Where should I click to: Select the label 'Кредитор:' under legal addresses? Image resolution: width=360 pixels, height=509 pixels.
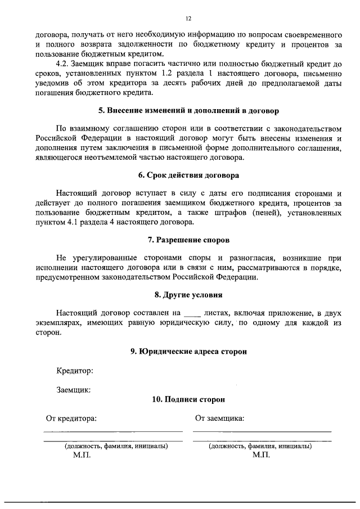(74, 371)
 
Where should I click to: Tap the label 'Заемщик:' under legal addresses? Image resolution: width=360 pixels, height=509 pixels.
(73, 389)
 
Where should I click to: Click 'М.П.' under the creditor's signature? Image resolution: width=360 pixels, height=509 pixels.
(82, 455)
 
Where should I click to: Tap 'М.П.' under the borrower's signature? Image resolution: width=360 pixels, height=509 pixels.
(261, 455)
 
